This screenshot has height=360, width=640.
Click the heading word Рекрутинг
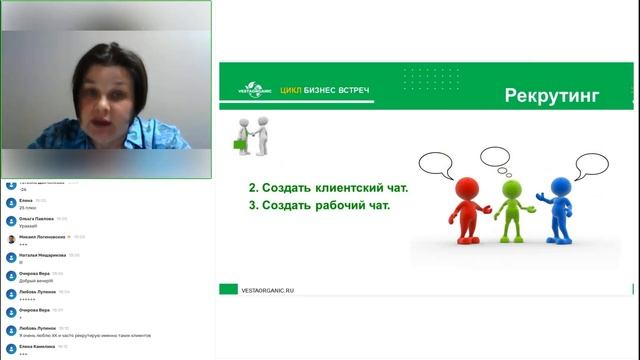pos(552,96)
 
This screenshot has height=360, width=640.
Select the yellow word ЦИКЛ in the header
pos(292,91)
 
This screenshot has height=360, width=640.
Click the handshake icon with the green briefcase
pos(253,136)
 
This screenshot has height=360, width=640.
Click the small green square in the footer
pos(226,290)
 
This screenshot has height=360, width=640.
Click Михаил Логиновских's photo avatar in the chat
pos(10,239)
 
